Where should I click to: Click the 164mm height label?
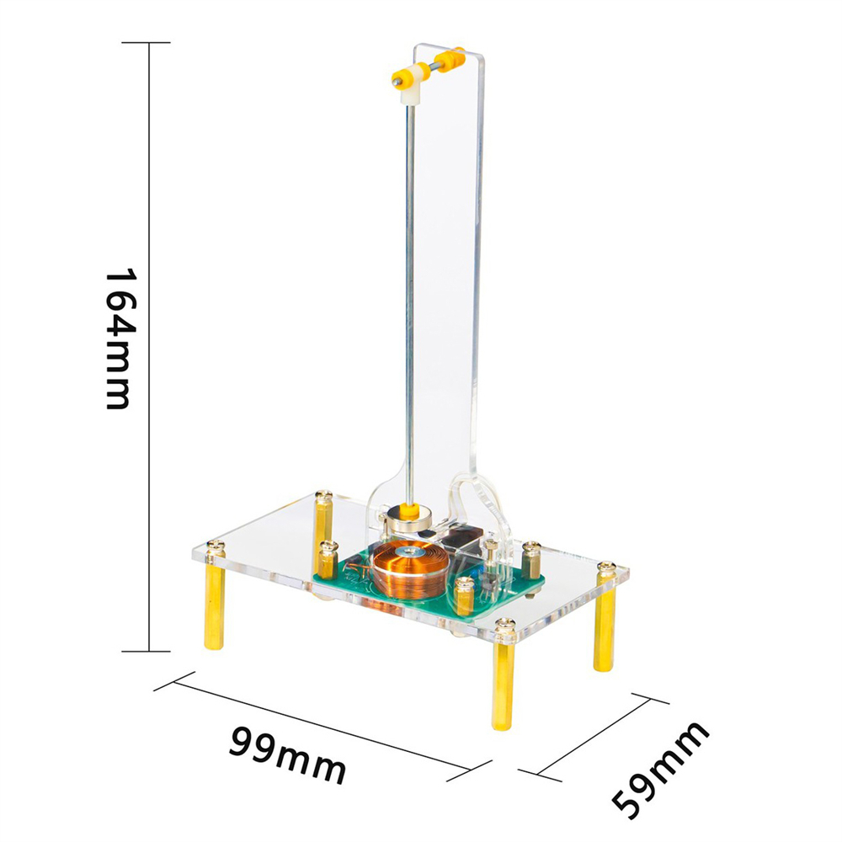(x=118, y=339)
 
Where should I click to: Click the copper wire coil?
(x=407, y=568)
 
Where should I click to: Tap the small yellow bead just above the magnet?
(x=410, y=506)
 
